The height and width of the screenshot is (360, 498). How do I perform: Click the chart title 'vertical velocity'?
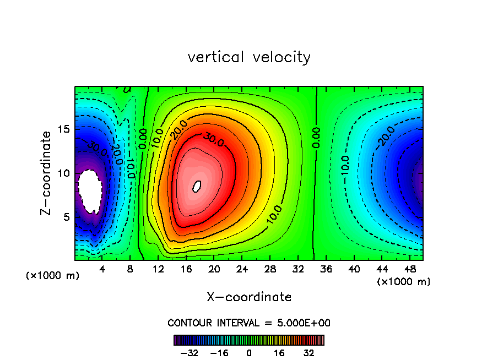(x=249, y=57)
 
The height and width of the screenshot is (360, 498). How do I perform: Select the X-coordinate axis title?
(x=249, y=297)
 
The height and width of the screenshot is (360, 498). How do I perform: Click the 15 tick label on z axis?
(x=64, y=129)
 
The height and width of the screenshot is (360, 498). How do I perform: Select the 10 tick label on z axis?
(x=64, y=173)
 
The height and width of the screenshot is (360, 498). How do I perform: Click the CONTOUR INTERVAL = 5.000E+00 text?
(x=249, y=323)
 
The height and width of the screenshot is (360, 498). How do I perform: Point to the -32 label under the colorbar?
(x=189, y=353)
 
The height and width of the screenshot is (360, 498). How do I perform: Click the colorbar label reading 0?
(x=249, y=353)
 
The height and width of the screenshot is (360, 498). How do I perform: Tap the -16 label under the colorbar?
(x=219, y=353)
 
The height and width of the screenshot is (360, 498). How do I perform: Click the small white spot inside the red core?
(x=197, y=186)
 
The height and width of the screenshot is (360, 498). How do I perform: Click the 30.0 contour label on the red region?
(x=212, y=140)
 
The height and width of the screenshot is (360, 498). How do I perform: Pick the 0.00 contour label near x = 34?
(x=317, y=138)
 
